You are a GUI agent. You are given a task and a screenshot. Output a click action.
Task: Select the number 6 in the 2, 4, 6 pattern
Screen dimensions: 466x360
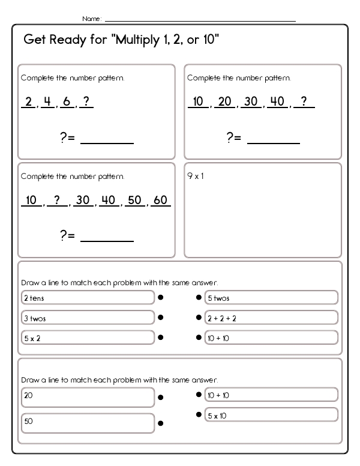67,101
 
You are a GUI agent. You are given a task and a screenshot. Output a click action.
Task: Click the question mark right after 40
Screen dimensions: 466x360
305,101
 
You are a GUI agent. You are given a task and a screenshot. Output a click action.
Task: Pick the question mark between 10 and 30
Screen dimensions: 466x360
57,200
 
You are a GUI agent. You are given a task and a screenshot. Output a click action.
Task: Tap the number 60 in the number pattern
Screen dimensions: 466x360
160,200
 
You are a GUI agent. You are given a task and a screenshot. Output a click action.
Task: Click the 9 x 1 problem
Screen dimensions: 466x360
196,177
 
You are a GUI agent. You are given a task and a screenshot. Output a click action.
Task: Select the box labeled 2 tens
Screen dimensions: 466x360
88,298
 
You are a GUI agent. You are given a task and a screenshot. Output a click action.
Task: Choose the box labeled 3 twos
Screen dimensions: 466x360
88,318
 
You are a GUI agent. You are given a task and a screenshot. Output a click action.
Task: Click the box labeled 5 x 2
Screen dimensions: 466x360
88,337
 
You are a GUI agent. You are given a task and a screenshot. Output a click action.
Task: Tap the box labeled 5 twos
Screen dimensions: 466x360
271,298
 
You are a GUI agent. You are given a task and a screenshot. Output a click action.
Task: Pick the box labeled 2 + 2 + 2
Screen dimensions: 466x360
271,318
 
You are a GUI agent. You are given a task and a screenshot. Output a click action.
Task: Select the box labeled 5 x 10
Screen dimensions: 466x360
271,415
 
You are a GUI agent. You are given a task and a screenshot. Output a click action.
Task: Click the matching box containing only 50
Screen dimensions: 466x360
88,422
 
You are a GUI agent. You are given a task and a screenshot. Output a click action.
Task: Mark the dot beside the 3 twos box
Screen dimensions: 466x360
161,317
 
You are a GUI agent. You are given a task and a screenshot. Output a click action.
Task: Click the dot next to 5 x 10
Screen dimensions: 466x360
199,414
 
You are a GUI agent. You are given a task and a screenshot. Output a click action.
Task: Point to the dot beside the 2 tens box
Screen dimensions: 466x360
161,297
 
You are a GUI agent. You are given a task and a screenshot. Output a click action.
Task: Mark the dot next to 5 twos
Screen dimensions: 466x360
199,297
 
